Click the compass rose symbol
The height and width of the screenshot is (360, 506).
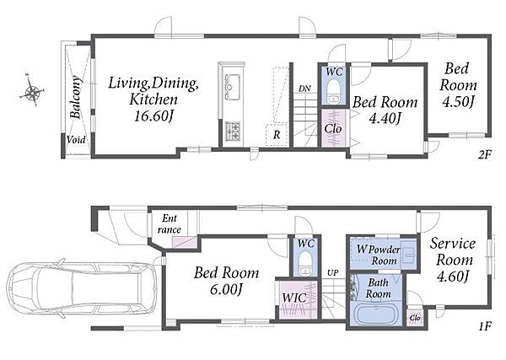click(x=32, y=91)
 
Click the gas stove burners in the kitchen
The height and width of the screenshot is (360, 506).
click(x=233, y=131)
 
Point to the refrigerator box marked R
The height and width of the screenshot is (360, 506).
click(x=277, y=135)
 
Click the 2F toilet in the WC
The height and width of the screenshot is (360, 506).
click(x=333, y=91)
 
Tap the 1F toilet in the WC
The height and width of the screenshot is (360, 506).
click(x=304, y=263)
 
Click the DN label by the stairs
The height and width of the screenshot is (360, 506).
click(x=304, y=89)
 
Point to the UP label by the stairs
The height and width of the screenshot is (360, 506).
click(x=332, y=273)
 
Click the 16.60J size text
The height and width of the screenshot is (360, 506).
click(x=153, y=116)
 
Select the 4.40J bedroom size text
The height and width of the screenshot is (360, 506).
click(x=385, y=119)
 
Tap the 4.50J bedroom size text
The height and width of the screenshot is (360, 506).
click(x=458, y=102)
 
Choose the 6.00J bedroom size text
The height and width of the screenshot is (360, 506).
click(x=226, y=290)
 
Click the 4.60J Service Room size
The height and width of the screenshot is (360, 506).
click(x=452, y=277)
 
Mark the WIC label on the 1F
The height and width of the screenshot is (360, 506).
click(x=294, y=298)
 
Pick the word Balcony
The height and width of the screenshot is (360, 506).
click(x=75, y=97)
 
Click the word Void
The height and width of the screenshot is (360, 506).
click(x=76, y=140)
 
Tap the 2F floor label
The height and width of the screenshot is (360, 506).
click(x=484, y=155)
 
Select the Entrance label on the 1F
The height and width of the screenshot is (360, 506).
click(x=169, y=224)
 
